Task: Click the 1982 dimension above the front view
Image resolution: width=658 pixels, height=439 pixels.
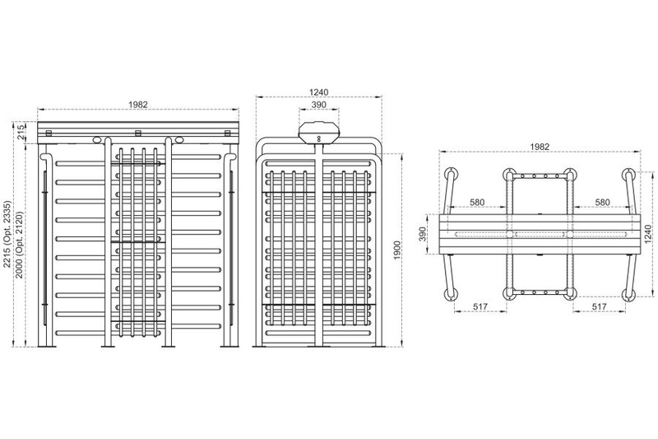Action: coord(138,105)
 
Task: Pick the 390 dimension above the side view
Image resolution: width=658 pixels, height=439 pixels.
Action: coord(321,106)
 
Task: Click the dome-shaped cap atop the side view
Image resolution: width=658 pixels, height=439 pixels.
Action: coord(320,130)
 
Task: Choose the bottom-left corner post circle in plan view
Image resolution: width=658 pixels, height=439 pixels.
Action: coord(451,294)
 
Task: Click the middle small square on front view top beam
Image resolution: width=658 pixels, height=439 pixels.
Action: coord(138,133)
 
